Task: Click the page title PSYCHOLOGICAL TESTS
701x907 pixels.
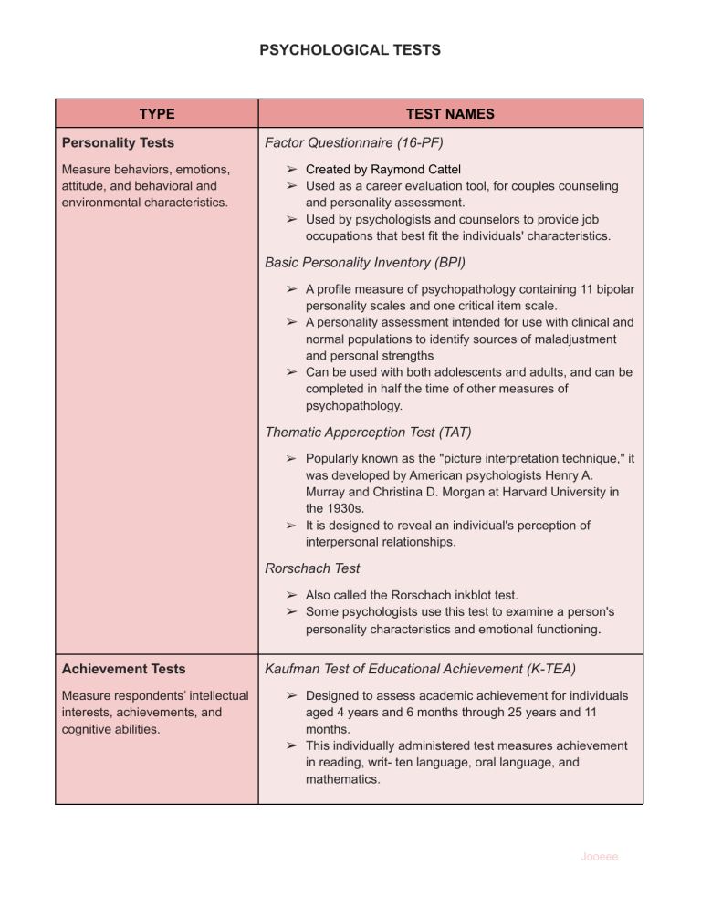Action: [x=350, y=49]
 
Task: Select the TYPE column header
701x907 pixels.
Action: [x=157, y=114]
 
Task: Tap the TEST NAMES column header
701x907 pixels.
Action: [x=450, y=114]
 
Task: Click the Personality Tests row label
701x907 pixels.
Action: [x=118, y=142]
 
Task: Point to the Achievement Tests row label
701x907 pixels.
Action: [x=123, y=669]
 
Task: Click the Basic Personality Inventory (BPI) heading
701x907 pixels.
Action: [x=365, y=262]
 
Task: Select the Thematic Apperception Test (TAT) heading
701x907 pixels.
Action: [x=368, y=433]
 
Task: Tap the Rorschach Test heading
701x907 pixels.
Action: [x=312, y=568]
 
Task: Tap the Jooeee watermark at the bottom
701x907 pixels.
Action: [x=600, y=857]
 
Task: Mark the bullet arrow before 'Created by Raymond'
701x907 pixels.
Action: [x=289, y=169]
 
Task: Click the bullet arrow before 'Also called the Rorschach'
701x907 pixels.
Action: [x=289, y=594]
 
